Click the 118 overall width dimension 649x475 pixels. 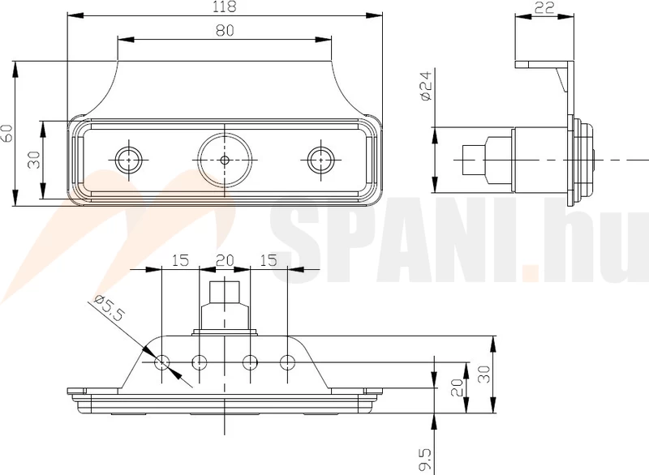pos(225,7)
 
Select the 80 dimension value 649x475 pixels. pos(225,31)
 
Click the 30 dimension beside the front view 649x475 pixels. pos(33,160)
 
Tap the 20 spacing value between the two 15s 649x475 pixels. pos(224,260)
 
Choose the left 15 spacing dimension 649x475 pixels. pos(180,260)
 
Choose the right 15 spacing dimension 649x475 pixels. pos(267,260)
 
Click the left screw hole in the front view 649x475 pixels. pos(127,159)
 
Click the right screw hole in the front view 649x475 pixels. pos(321,159)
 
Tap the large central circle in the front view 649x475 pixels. pos(225,159)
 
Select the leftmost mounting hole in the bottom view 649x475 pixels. pos(162,362)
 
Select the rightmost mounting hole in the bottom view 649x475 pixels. pos(286,362)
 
